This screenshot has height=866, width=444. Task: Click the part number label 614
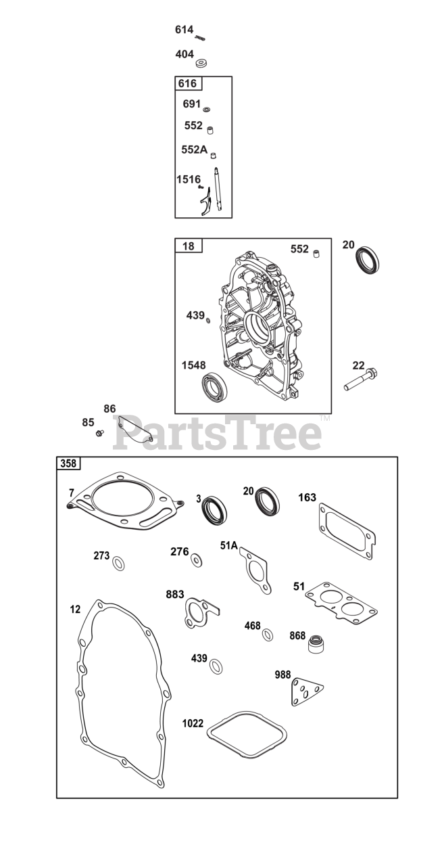[x=184, y=30]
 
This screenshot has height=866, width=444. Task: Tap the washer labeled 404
[x=201, y=63]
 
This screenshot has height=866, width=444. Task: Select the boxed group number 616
[x=187, y=83]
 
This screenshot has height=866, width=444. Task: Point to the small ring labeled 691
[x=207, y=108]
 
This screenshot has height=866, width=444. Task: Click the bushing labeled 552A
[x=212, y=155]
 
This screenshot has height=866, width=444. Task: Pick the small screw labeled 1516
[x=201, y=187]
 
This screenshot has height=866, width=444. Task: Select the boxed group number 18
[x=188, y=246]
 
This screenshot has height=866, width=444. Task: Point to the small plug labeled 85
[x=100, y=432]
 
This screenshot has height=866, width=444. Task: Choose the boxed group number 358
[x=69, y=463]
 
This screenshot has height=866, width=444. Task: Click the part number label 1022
[x=193, y=723]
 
